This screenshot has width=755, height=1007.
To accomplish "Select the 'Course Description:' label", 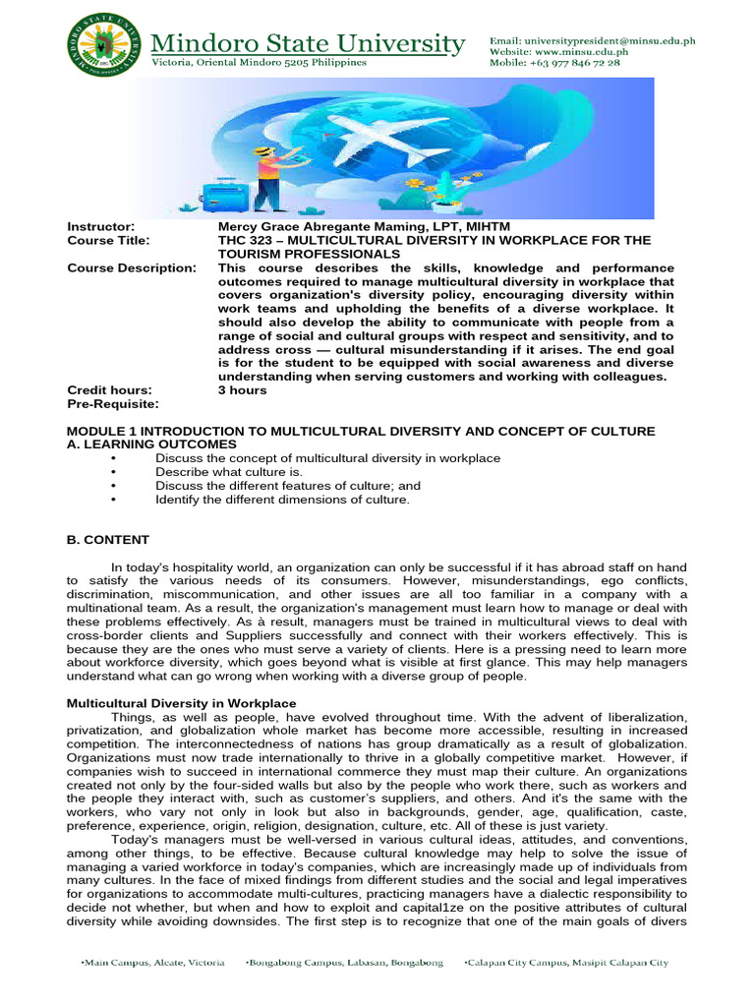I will (x=131, y=267).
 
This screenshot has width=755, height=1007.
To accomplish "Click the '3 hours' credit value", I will (x=242, y=390).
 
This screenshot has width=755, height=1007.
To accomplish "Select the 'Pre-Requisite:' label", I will (x=111, y=404).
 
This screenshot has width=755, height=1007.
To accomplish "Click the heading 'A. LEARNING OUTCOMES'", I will (x=151, y=444).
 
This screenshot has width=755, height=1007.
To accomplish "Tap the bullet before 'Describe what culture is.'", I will (x=116, y=472).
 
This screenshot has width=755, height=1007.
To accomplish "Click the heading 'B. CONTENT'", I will (x=108, y=540).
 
